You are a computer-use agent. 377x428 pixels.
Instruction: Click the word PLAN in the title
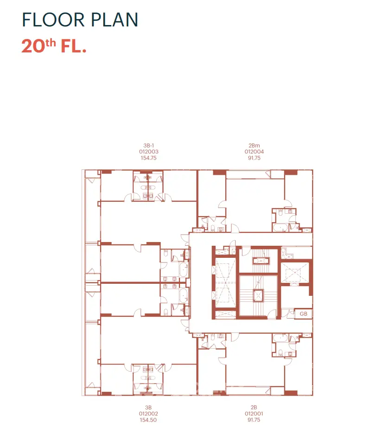tap(115, 19)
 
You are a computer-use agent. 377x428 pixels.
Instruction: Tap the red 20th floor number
tap(39, 45)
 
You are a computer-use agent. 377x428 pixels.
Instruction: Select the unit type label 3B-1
tap(149, 146)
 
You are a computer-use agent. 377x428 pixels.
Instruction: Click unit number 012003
tap(149, 152)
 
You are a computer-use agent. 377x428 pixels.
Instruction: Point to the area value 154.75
tap(148, 158)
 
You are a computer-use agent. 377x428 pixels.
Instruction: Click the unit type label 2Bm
tap(254, 146)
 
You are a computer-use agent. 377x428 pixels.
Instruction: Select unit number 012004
tap(254, 152)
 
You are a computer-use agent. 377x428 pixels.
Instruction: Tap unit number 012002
tap(148, 414)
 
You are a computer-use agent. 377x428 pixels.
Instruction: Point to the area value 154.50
tap(148, 420)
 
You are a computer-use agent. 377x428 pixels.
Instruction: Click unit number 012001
tap(254, 414)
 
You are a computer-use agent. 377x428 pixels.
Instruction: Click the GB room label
tap(304, 314)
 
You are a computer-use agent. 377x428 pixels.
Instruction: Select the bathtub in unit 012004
tap(281, 228)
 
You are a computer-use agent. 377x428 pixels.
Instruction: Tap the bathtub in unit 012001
tap(281, 338)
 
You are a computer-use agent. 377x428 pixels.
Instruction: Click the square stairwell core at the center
tap(258, 296)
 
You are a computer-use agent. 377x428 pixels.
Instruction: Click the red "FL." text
tap(73, 46)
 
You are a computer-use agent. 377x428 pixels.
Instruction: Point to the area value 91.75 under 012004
tap(254, 158)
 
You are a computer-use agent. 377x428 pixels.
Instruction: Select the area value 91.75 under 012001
tap(254, 420)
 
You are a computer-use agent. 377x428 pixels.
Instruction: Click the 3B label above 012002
tap(148, 407)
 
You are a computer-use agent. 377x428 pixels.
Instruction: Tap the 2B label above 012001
tap(254, 407)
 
